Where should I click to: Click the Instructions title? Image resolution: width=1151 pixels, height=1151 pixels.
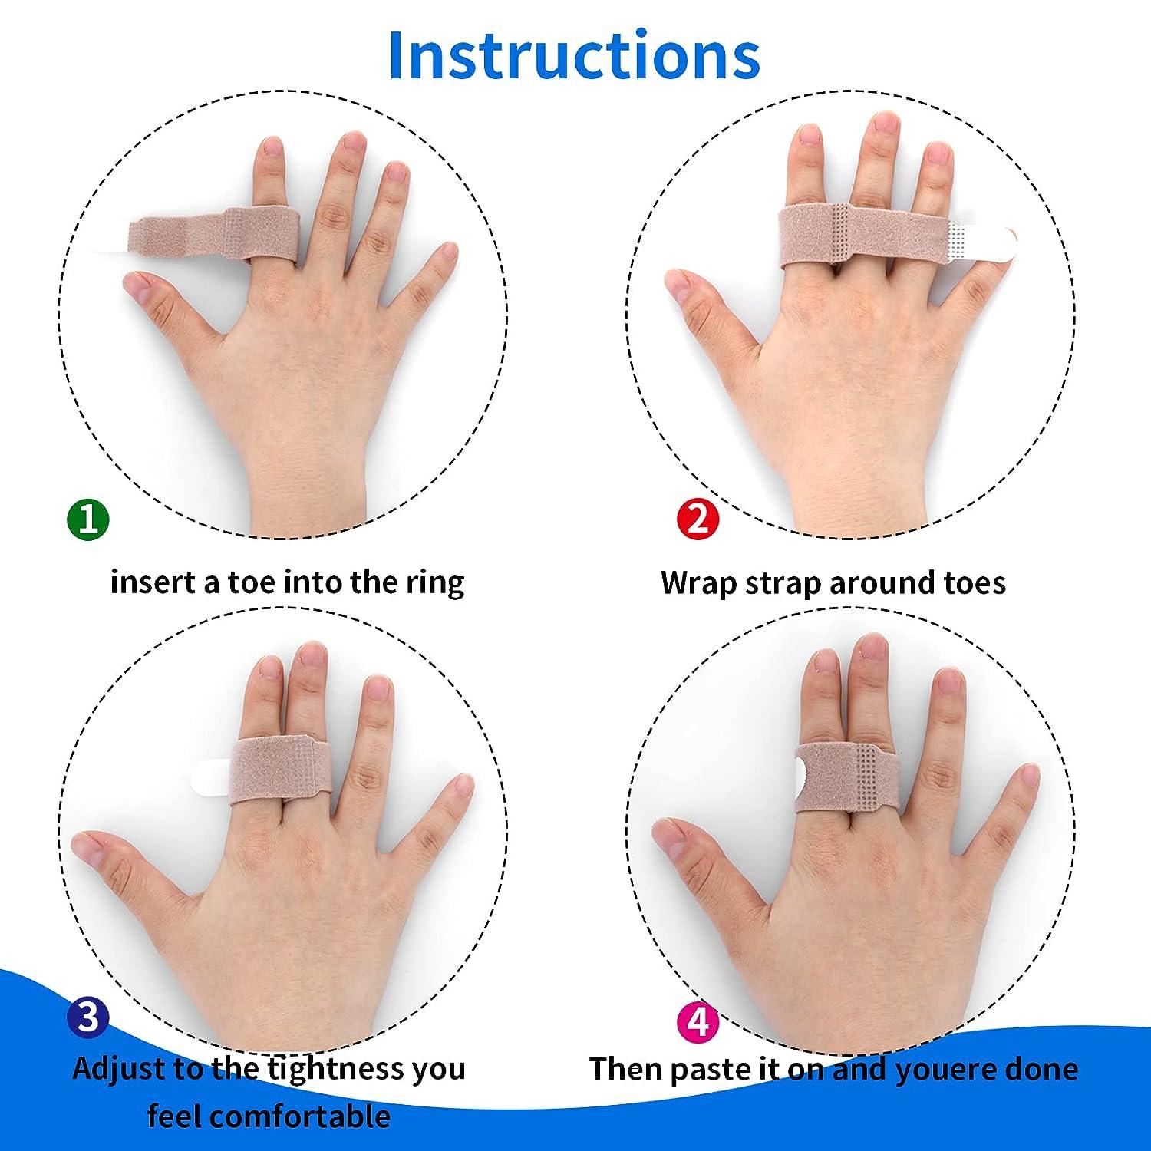[x=574, y=55]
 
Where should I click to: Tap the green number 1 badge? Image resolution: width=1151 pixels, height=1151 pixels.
[x=88, y=519]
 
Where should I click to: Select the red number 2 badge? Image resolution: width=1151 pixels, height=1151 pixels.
[x=698, y=519]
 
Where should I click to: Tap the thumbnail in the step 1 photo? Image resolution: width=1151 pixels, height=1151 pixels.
[x=139, y=286]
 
